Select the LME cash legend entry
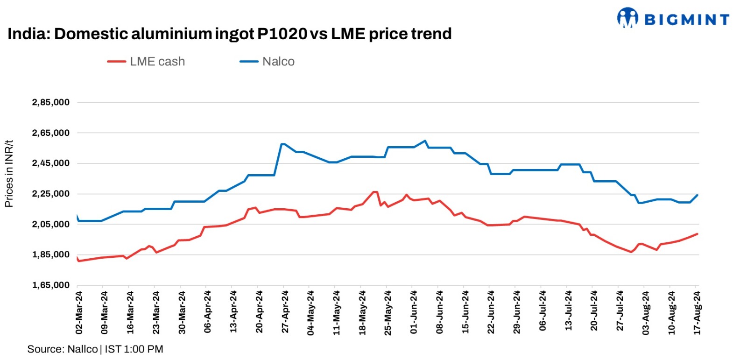pos(147,62)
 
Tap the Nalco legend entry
pos(268,62)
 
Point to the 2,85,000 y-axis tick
pos(50,102)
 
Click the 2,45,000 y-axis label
pos(50,163)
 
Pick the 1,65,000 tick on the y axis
pos(50,285)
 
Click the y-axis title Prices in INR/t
pos(9,174)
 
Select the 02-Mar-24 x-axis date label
pos(79,312)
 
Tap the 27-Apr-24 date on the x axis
pos(285,312)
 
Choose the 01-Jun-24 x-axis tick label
pos(414,312)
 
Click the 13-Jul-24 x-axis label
pos(568,312)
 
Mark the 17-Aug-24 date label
pos(697,312)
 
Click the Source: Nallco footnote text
pos(95,349)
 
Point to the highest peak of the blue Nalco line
pos(425,141)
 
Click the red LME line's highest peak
pos(374,191)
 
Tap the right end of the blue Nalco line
pos(698,195)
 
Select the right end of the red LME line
pos(698,234)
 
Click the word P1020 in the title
pos(282,34)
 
